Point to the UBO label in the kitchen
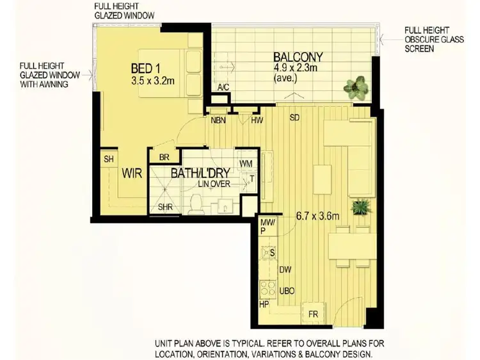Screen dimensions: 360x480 (287, 291)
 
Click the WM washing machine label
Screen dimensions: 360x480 (246, 164)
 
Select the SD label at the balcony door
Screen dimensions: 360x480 (294, 117)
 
